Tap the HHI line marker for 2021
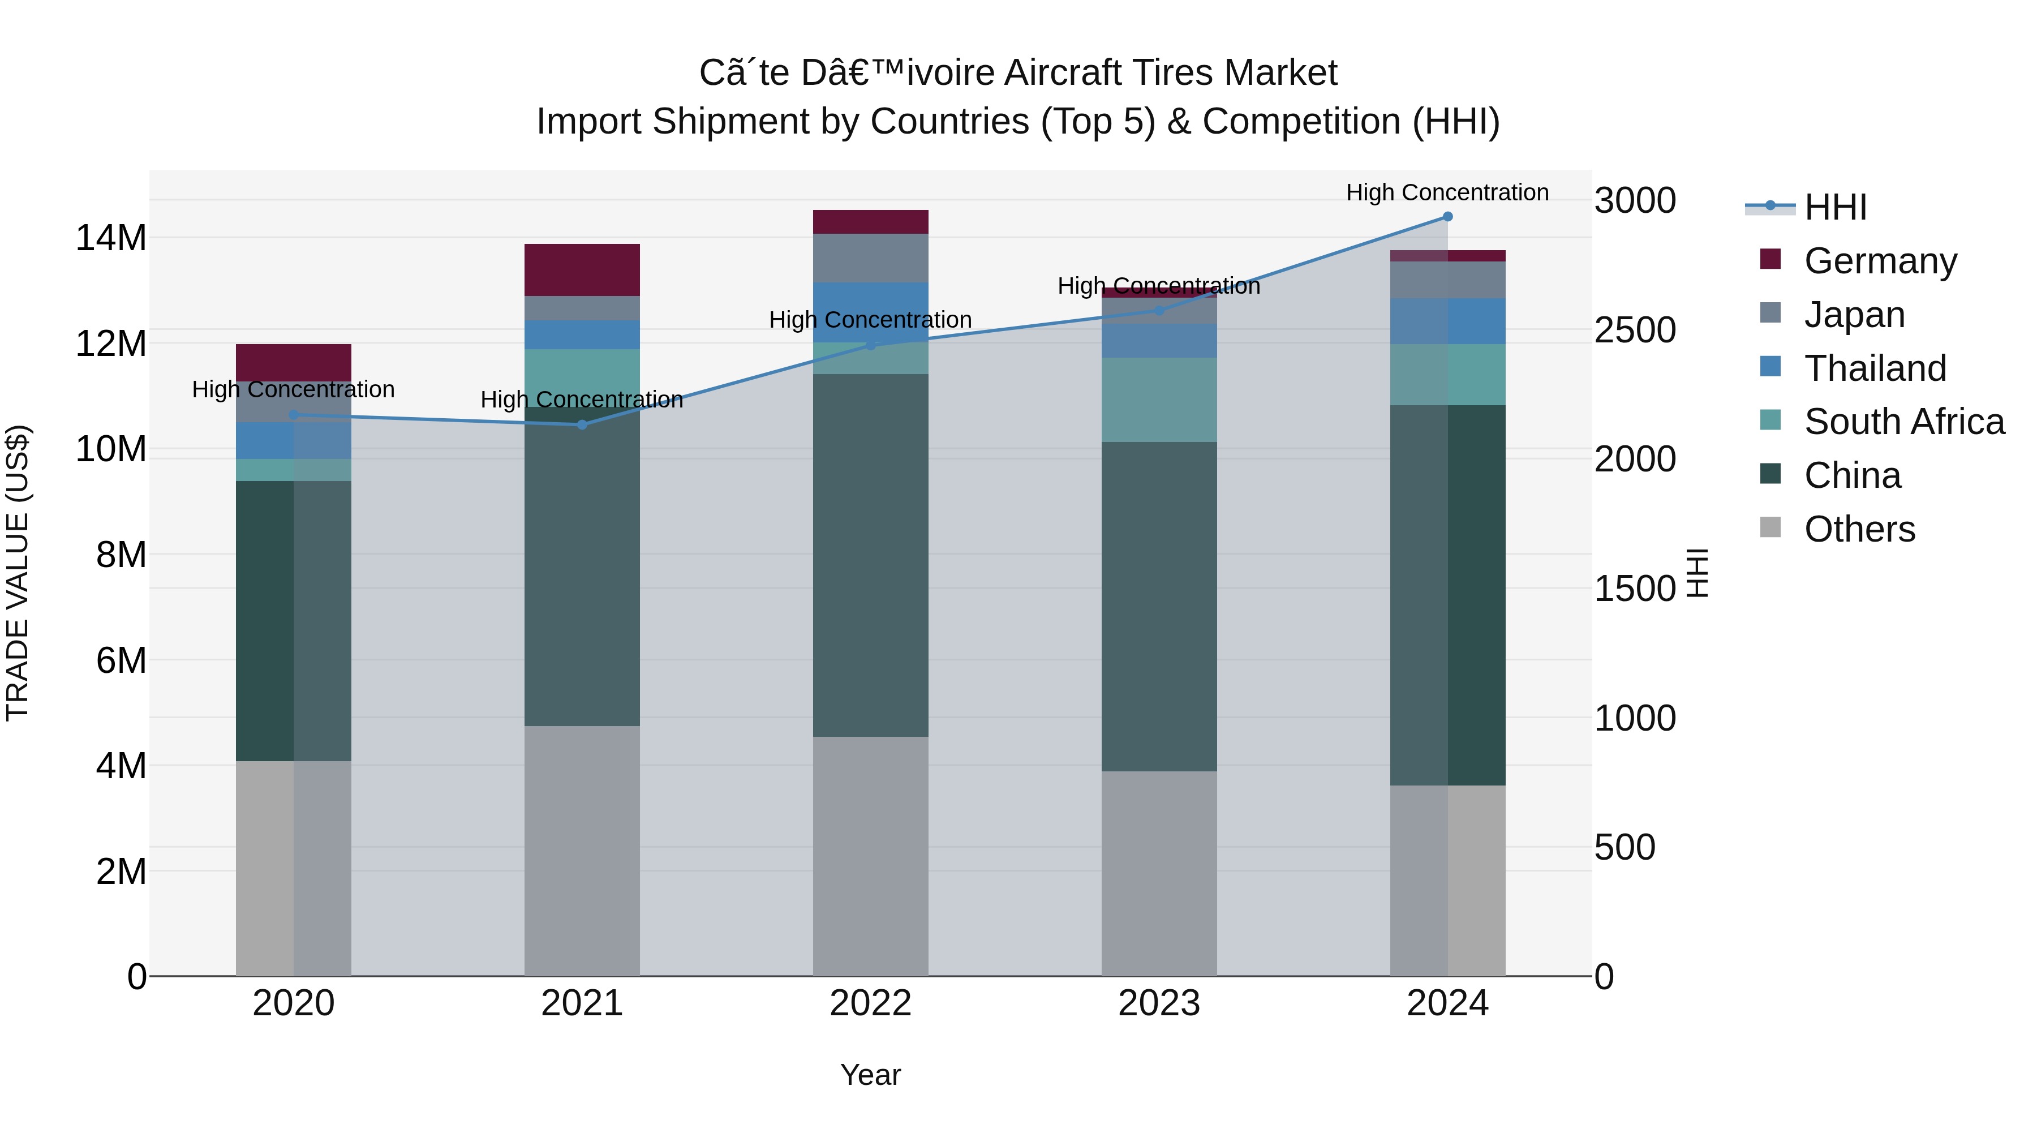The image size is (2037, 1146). (582, 424)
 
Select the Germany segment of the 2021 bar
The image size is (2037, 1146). (582, 270)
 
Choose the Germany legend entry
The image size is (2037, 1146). (1880, 261)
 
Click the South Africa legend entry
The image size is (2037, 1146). (1903, 422)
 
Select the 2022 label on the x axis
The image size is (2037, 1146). (871, 1003)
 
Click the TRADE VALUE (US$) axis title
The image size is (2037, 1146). (18, 573)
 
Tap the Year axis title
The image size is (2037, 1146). (871, 1075)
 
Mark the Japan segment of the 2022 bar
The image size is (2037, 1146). (871, 258)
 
